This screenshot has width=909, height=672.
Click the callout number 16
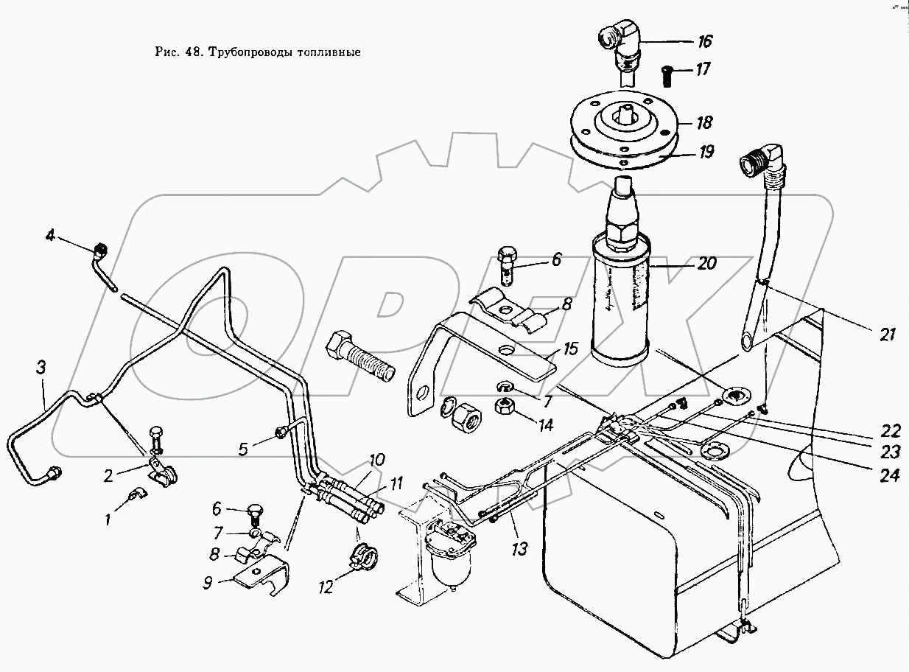704,41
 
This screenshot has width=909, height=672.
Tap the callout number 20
706,263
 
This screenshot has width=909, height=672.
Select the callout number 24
889,475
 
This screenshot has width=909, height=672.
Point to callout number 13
519,549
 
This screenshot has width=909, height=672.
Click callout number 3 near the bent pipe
41,368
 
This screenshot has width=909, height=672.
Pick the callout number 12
326,588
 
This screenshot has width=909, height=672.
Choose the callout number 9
208,583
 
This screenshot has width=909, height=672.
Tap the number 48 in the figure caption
194,52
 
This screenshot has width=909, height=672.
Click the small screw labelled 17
667,77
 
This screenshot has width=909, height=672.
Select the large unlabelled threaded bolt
359,357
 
